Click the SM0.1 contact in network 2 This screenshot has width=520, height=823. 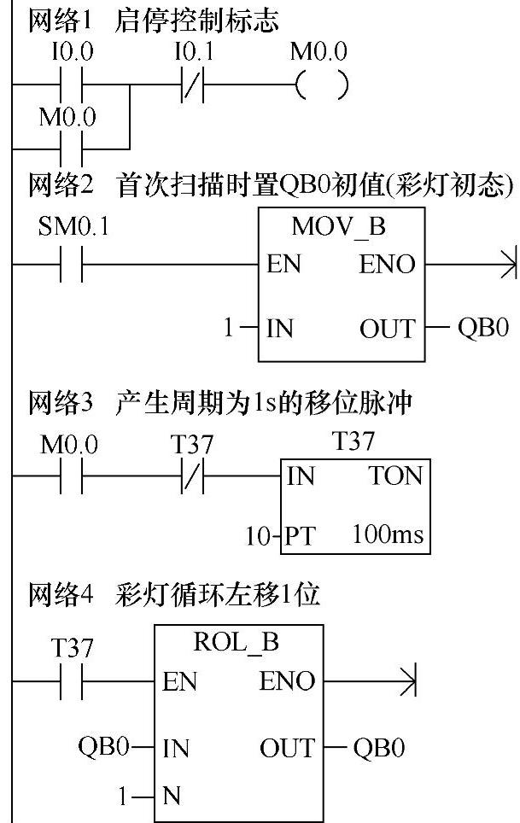pyautogui.click(x=72, y=265)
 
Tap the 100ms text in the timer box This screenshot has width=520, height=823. pyautogui.click(x=388, y=536)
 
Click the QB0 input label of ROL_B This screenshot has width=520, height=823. pyautogui.click(x=103, y=749)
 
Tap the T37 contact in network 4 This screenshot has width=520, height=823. pyautogui.click(x=72, y=681)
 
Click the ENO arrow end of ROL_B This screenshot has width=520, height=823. pyautogui.click(x=408, y=681)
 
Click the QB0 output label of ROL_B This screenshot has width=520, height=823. pyautogui.click(x=379, y=749)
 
